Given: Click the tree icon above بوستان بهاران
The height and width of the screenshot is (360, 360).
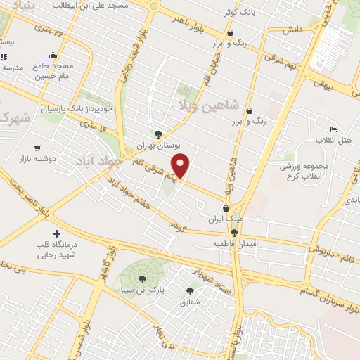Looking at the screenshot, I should [158, 134].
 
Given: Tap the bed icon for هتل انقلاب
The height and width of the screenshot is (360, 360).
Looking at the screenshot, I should [333, 129].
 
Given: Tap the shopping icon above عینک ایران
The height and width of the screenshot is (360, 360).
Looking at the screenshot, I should [226, 208].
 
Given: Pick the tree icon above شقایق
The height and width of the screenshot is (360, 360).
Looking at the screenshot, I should [190, 291].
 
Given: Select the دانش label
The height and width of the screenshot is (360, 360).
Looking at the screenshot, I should [292, 31].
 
